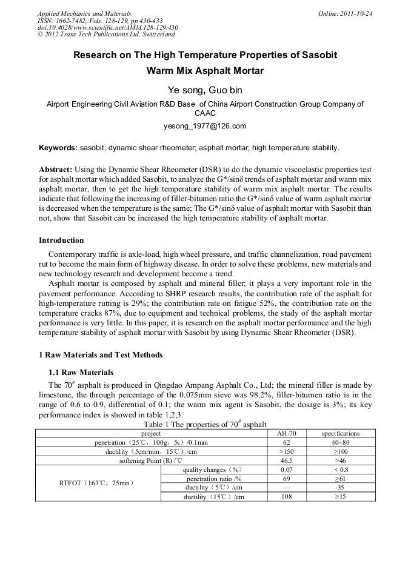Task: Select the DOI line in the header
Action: [x=108, y=27]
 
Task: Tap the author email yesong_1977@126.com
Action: [x=205, y=126]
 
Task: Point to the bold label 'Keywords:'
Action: [x=58, y=147]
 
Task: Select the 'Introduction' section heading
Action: [x=61, y=241]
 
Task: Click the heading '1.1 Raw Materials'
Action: [x=81, y=372]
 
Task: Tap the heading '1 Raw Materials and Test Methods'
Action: [x=101, y=354]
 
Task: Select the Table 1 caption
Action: [x=205, y=425]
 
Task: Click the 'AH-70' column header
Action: [x=287, y=434]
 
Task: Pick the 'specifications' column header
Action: [x=340, y=434]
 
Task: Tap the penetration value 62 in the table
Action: [x=287, y=443]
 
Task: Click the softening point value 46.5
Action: [x=287, y=461]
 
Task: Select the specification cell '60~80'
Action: [x=340, y=443]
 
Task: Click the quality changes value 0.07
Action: [x=287, y=470]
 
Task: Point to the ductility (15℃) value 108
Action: [x=287, y=497]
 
